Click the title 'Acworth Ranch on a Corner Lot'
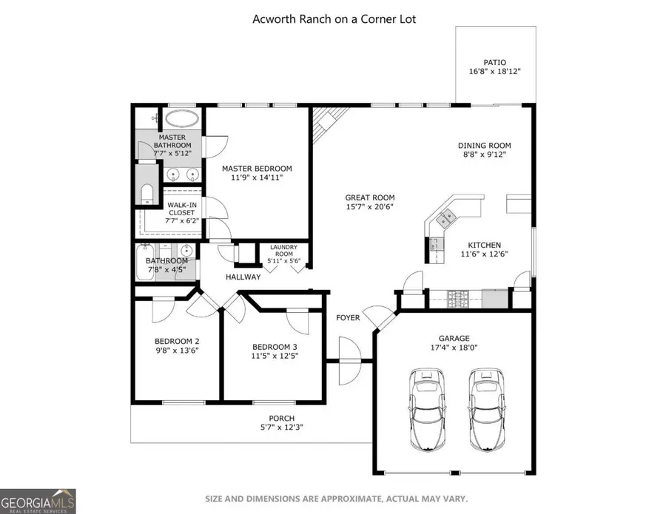click(x=334, y=18)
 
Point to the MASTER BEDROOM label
click(x=258, y=168)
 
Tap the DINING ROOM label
click(x=484, y=146)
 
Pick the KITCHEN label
click(x=484, y=245)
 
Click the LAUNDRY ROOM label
click(x=283, y=250)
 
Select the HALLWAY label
click(x=243, y=277)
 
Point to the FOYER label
click(x=348, y=318)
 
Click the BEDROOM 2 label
click(x=177, y=341)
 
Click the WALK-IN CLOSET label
click(x=181, y=209)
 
